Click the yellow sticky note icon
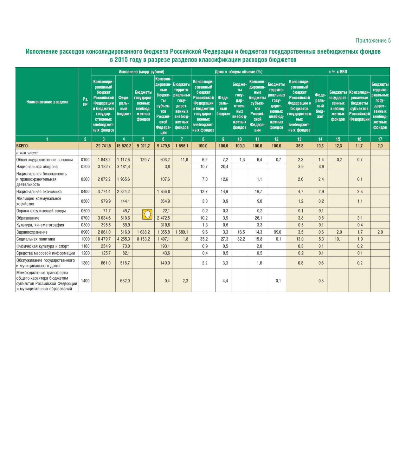click(x=147, y=215)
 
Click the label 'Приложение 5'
click(x=373, y=41)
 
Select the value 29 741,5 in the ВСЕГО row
click(x=103, y=146)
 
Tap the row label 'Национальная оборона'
click(x=37, y=167)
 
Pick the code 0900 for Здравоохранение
click(x=85, y=232)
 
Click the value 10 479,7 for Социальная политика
click(x=103, y=239)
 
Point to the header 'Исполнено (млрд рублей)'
click(x=141, y=72)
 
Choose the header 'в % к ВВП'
click(x=338, y=72)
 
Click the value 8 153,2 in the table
click(x=143, y=239)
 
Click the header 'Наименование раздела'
click(x=47, y=102)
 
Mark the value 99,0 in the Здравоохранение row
click(x=276, y=232)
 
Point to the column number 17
click(x=380, y=139)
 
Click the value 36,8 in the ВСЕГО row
click(x=299, y=146)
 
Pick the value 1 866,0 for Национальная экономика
click(x=163, y=192)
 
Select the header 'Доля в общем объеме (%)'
click(x=238, y=72)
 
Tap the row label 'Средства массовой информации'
click(x=46, y=253)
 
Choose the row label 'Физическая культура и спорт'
click(x=42, y=246)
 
